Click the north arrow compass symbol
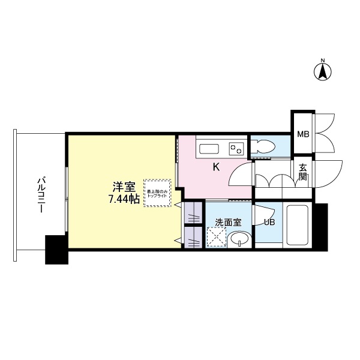click(x=322, y=71)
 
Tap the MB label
click(x=303, y=134)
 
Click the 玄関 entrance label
click(x=303, y=173)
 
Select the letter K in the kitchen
click(x=216, y=167)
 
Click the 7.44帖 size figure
click(x=124, y=200)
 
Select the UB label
click(x=270, y=223)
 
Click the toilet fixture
click(x=262, y=146)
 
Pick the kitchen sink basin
click(x=210, y=148)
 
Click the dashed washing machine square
click(x=216, y=238)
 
